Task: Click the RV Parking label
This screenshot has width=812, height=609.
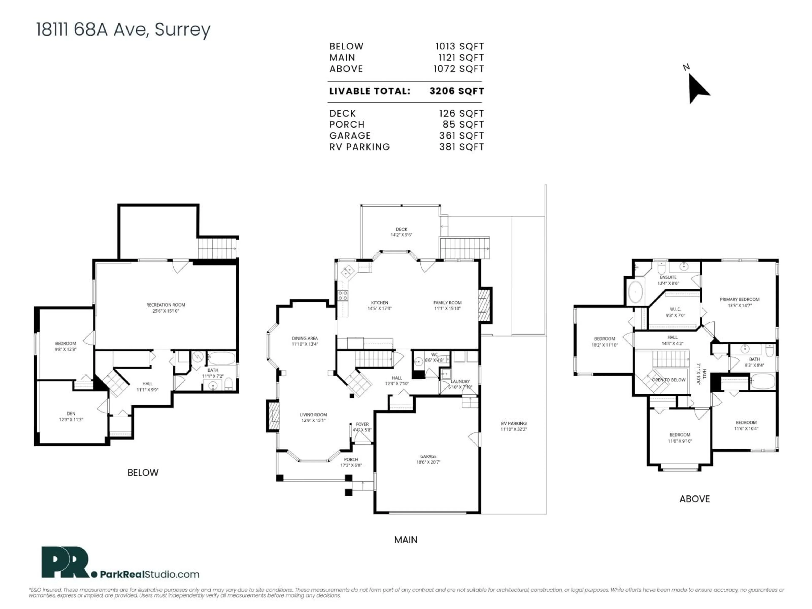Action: pos(514,423)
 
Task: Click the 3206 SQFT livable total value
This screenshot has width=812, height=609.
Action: pos(457,91)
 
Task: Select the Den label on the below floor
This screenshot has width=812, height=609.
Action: pos(71,414)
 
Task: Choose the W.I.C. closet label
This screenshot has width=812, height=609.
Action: pos(675,309)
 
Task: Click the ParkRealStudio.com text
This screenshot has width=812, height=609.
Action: pos(150,575)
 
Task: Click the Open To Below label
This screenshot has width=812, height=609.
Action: pos(668,380)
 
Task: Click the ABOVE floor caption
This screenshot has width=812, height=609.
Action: pos(694,499)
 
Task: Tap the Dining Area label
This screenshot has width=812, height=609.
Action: pos(305,339)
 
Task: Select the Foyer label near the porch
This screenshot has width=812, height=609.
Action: pos(362,424)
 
